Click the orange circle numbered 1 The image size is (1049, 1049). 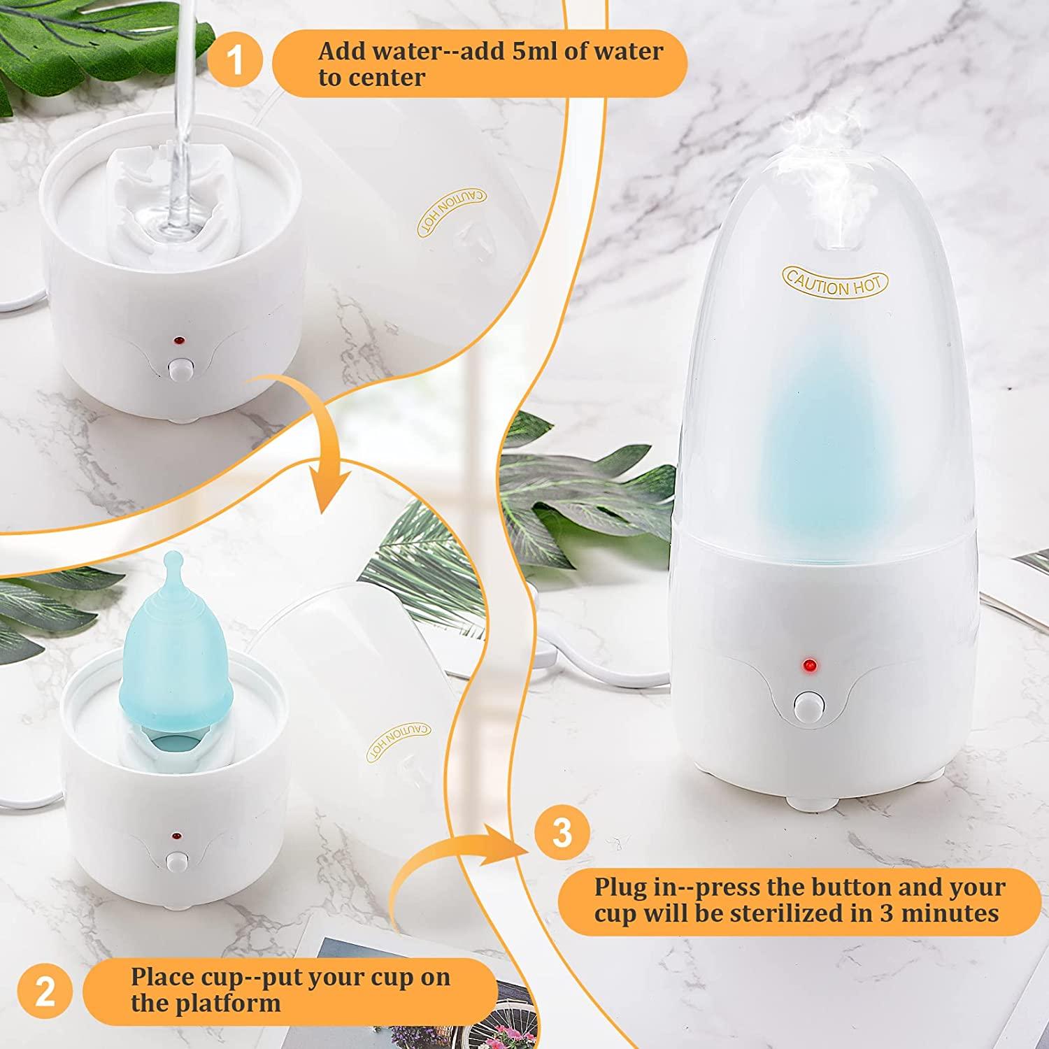pyautogui.click(x=236, y=62)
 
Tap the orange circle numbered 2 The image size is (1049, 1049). pyautogui.click(x=45, y=992)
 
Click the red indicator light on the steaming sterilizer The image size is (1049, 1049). pyautogui.click(x=810, y=663)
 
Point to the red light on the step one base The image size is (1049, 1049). pyautogui.click(x=179, y=341)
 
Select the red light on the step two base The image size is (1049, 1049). pyautogui.click(x=174, y=836)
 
